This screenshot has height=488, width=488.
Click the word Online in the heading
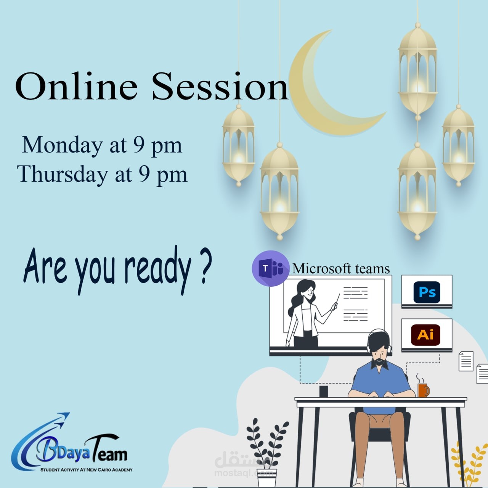point(76,87)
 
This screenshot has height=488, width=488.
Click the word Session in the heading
point(220,87)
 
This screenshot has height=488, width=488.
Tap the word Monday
point(62,145)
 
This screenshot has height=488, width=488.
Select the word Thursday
point(63,174)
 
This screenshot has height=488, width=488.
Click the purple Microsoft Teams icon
point(270,268)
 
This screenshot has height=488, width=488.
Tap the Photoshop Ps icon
point(427,292)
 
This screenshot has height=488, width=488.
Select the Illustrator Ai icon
point(425,335)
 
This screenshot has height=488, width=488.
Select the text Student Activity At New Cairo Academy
point(87,470)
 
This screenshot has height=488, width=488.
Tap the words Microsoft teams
point(341,269)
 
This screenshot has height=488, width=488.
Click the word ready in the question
point(158,269)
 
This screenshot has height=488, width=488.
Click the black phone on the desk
point(324,392)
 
